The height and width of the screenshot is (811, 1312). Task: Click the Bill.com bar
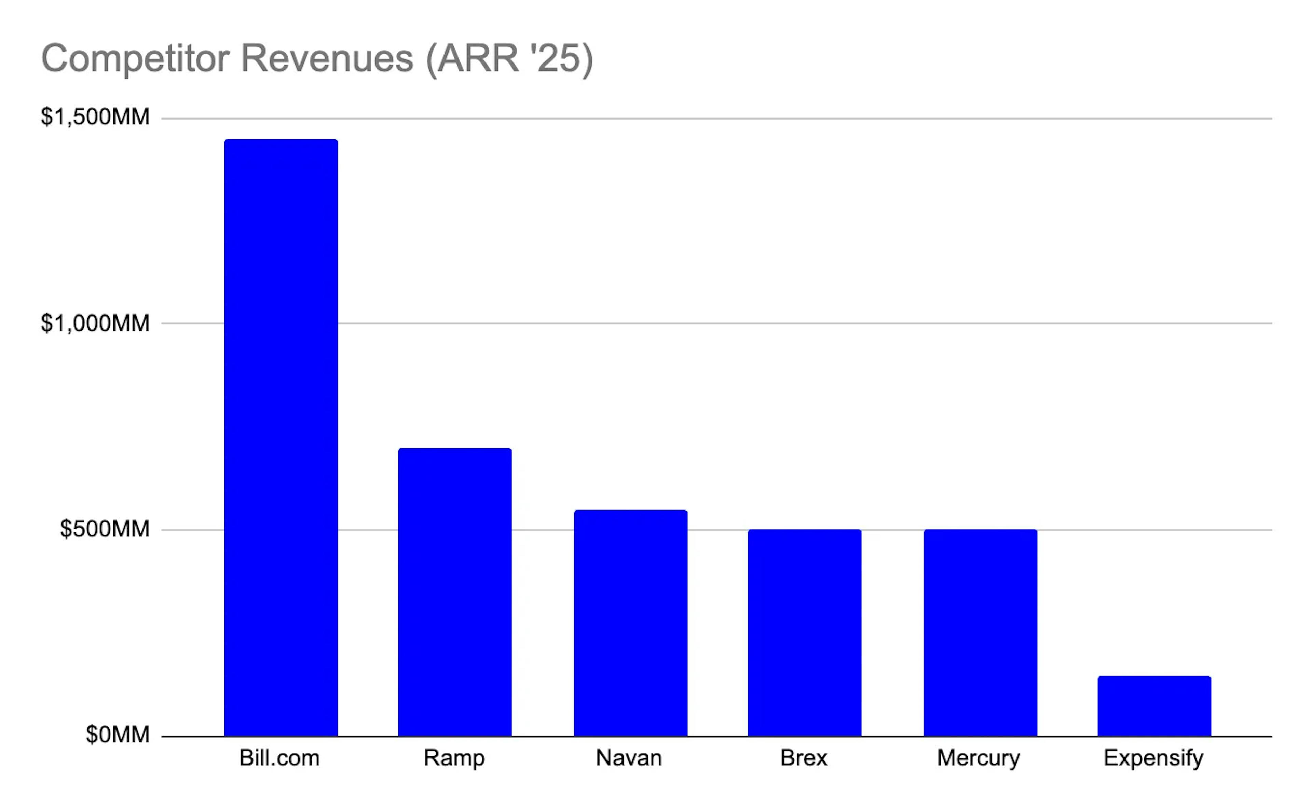(x=281, y=437)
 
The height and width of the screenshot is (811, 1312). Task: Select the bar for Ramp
(x=454, y=592)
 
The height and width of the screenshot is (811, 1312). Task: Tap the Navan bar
(x=630, y=623)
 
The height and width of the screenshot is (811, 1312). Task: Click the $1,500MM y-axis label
(x=95, y=117)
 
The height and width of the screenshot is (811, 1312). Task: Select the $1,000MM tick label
(x=95, y=323)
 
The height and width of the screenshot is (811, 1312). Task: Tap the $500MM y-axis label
(x=105, y=529)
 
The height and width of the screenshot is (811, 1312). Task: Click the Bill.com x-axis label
(x=279, y=758)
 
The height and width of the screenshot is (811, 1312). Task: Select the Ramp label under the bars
(x=454, y=758)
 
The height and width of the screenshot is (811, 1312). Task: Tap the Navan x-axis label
(x=629, y=758)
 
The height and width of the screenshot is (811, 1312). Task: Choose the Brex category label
(x=803, y=758)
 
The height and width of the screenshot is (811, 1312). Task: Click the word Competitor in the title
(x=135, y=59)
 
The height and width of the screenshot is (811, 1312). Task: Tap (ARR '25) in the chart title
(x=509, y=59)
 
